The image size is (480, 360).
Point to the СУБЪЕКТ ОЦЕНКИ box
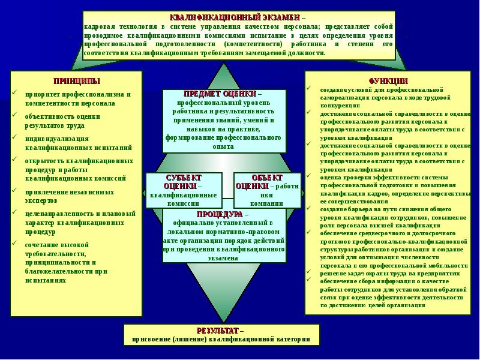pos(183,190)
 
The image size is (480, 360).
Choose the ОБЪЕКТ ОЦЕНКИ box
pos(266,190)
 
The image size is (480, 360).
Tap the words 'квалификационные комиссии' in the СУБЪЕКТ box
pos(183,199)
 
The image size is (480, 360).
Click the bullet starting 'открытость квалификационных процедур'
pos(78,169)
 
